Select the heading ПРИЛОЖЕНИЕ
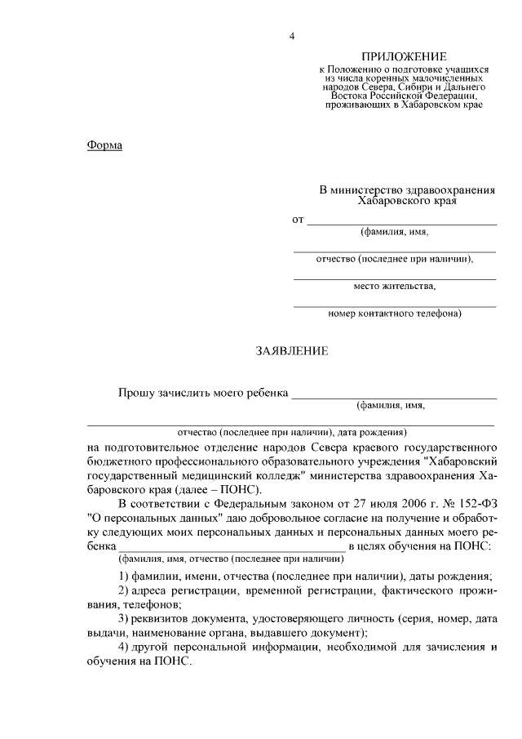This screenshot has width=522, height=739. tap(405, 56)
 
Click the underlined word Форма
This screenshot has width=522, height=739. tap(104, 145)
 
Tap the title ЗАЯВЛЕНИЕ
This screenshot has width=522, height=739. tap(292, 351)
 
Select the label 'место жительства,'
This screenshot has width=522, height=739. tap(395, 287)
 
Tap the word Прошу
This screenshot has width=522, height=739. tap(135, 393)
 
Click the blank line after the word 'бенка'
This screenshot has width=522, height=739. tap(232, 546)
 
